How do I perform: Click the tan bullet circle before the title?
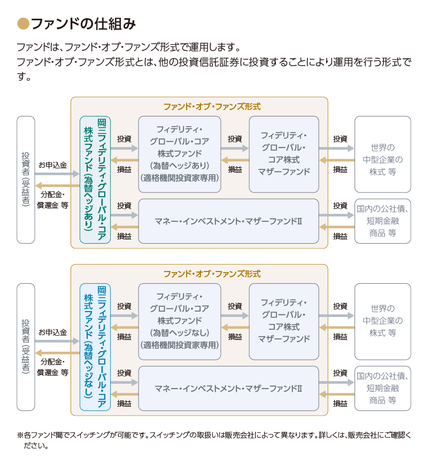pos(23,24)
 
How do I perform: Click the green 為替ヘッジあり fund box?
pos(95,180)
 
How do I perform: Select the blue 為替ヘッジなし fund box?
pos(95,347)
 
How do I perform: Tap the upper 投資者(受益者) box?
pos(26,180)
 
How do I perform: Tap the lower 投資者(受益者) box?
pos(26,347)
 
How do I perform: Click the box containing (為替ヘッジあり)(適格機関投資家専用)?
pos(180,154)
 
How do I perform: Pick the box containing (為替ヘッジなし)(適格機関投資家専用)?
pos(180,321)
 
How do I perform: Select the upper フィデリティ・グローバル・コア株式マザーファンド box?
pos(284,154)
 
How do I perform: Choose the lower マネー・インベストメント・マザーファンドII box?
pos(229,389)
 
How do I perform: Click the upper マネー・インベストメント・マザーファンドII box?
pos(229,221)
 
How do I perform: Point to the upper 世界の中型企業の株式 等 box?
pos(383,154)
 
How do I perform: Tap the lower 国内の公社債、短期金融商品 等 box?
pos(383,389)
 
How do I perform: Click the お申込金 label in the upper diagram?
pos(53,165)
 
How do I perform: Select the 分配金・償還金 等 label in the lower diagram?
pos(53,367)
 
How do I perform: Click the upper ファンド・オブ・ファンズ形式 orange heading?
pos(212,107)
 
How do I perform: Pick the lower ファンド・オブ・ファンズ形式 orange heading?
pos(212,274)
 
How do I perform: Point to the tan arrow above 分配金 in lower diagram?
pos(58,353)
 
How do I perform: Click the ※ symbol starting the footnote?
pos(20,436)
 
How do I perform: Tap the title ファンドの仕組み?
pos(83,24)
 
